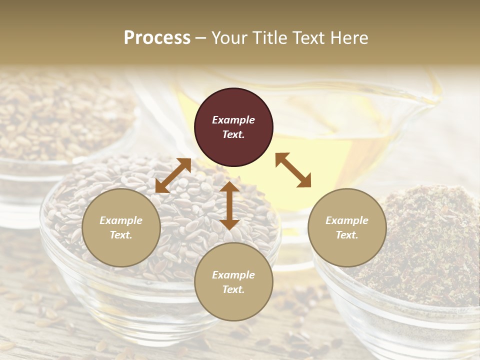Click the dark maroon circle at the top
[x=233, y=127]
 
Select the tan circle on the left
[x=121, y=227]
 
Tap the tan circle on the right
[x=347, y=227]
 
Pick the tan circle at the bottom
[x=233, y=282]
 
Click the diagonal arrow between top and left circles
[x=173, y=175]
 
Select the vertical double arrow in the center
[x=229, y=205]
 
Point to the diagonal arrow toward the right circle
[x=293, y=170]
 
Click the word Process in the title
[x=157, y=37]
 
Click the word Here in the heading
[x=349, y=37]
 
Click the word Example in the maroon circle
[x=233, y=120]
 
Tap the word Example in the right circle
[x=347, y=220]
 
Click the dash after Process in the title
[x=201, y=38]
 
